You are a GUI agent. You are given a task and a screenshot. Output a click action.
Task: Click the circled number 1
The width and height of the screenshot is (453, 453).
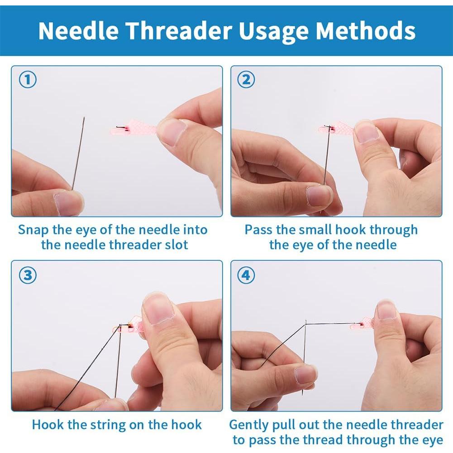(x=28, y=80)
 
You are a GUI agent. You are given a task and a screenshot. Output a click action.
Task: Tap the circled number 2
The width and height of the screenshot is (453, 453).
(x=246, y=80)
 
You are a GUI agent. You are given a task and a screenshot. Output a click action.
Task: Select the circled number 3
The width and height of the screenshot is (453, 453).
(x=28, y=275)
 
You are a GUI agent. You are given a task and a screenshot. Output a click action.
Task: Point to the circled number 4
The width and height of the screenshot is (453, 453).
(x=246, y=275)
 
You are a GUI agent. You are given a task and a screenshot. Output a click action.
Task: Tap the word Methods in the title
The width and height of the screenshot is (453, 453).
(x=366, y=30)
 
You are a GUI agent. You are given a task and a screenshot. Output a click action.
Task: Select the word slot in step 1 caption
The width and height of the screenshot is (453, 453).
(x=176, y=245)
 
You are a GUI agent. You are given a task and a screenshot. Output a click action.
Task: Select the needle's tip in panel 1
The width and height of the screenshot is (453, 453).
(x=84, y=117)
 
